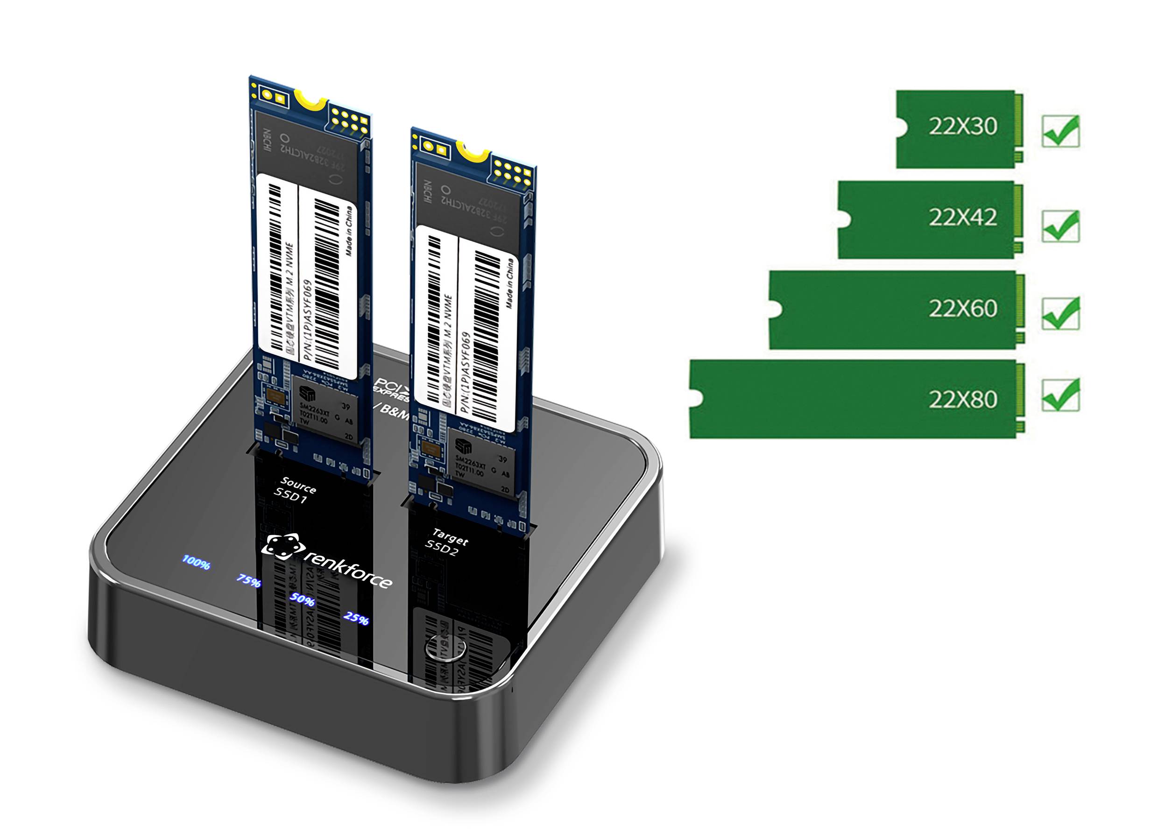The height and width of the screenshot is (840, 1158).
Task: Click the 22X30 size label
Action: tap(962, 126)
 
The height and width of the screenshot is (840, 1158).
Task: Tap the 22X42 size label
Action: tap(962, 218)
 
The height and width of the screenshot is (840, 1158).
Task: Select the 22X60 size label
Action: tap(962, 309)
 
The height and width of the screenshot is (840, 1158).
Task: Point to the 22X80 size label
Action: tap(962, 399)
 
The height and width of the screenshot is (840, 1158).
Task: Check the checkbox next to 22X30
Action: tap(1060, 132)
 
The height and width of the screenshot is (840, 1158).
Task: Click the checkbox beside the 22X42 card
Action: tap(1060, 226)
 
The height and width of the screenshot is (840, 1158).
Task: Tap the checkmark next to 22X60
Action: tap(1060, 313)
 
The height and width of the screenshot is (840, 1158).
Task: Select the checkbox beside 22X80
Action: tap(1060, 395)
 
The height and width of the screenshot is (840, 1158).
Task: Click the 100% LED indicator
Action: tap(196, 562)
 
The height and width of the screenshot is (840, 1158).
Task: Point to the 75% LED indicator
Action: tap(249, 580)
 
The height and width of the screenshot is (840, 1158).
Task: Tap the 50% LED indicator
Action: tap(302, 600)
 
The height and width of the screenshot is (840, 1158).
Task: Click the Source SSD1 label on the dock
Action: tap(295, 490)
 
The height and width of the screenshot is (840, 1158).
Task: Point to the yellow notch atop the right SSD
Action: tap(473, 151)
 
